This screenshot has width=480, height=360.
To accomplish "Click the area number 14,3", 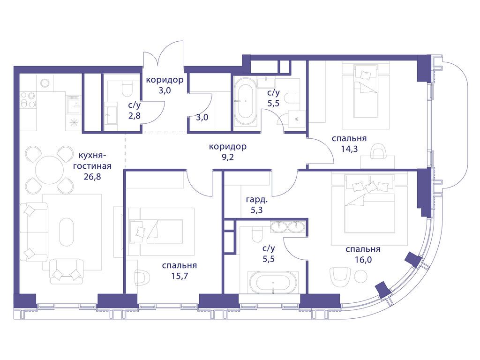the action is pyautogui.click(x=349, y=149).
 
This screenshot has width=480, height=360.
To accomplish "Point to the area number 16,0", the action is pyautogui.click(x=363, y=260).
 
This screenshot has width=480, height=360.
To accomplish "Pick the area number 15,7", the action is pyautogui.click(x=180, y=276).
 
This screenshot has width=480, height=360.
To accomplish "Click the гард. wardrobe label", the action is pyautogui.click(x=257, y=201).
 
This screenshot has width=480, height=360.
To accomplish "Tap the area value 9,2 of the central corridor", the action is pyautogui.click(x=228, y=157).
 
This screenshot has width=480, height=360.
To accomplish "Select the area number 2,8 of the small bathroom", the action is pyautogui.click(x=135, y=116).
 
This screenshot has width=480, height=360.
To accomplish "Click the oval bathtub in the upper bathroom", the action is pyautogui.click(x=246, y=102).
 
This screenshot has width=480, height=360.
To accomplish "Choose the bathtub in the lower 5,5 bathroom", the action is pyautogui.click(x=272, y=282).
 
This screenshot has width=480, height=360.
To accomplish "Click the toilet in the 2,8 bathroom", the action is pyautogui.click(x=126, y=88).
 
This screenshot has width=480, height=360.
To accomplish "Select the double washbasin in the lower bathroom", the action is pyautogui.click(x=288, y=226).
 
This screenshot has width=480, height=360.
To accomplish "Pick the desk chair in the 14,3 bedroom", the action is pyautogui.click(x=378, y=152).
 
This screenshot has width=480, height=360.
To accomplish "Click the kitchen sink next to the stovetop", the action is pyautogui.click(x=74, y=105).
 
